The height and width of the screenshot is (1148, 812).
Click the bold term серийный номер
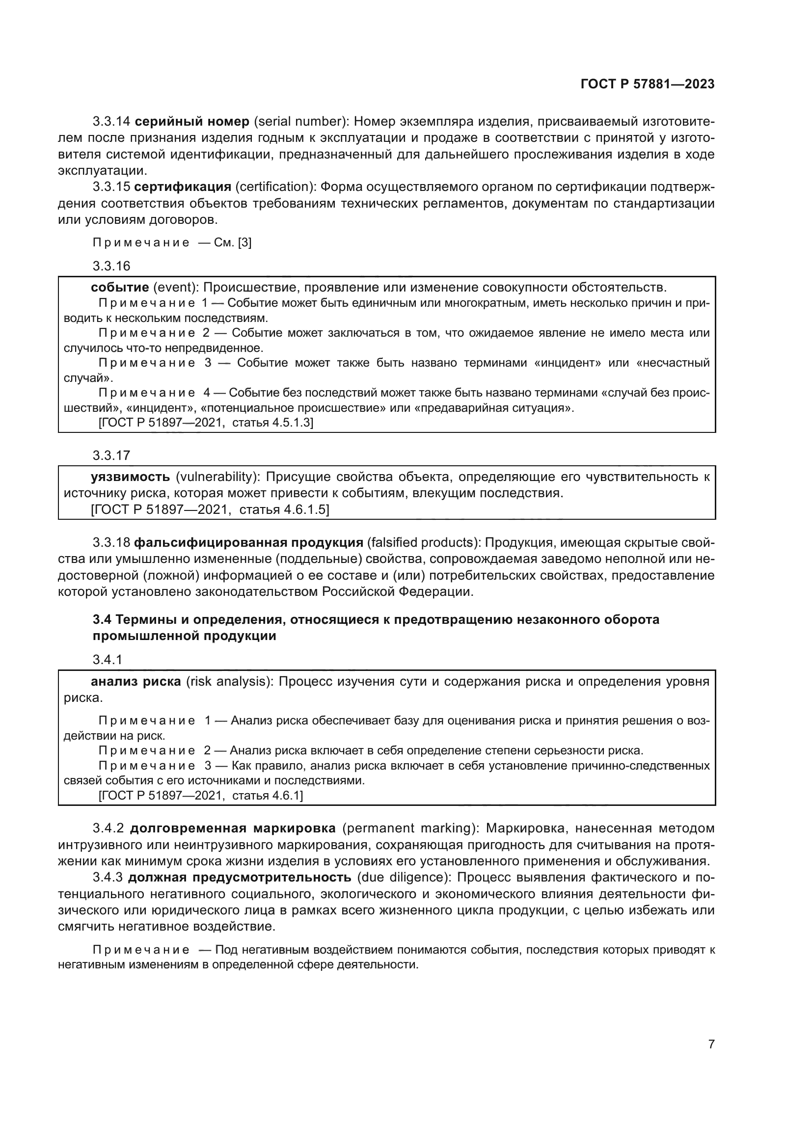(x=192, y=122)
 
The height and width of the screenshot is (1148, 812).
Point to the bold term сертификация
(x=183, y=187)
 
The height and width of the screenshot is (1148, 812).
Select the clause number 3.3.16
(x=111, y=266)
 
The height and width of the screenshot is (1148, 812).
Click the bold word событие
(x=120, y=288)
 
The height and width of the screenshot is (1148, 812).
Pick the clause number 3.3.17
(x=111, y=455)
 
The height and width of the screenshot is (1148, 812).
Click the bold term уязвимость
(x=131, y=477)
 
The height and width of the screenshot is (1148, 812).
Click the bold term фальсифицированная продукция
(x=248, y=542)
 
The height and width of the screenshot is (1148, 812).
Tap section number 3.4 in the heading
(x=102, y=620)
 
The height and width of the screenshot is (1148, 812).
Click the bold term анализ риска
(x=136, y=682)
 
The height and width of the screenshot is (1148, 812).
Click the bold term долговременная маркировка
(x=233, y=828)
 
